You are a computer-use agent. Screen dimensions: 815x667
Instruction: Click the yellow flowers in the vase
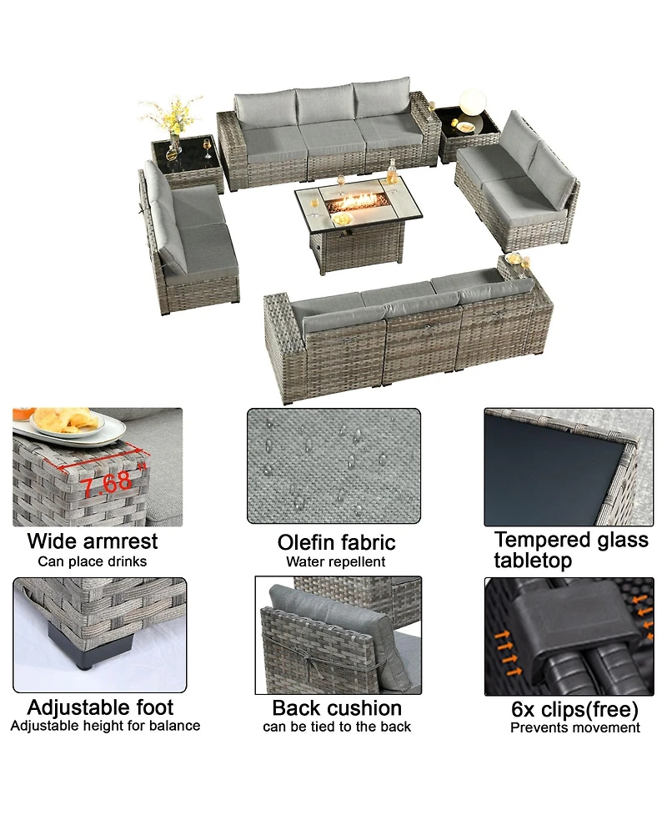pyautogui.click(x=171, y=113)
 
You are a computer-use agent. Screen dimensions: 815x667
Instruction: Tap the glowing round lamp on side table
pyautogui.click(x=471, y=103)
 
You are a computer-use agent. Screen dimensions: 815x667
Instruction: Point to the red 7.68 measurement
pyautogui.click(x=104, y=481)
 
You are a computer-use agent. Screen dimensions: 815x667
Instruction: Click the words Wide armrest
pyautogui.click(x=92, y=541)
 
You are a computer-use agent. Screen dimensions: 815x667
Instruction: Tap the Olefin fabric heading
pyautogui.click(x=336, y=543)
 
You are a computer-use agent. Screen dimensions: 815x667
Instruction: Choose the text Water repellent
pyautogui.click(x=335, y=562)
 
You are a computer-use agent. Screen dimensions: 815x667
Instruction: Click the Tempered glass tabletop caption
pyautogui.click(x=571, y=550)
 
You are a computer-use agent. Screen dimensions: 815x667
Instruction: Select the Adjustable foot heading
pyautogui.click(x=100, y=707)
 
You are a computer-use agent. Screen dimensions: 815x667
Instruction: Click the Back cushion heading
pyautogui.click(x=337, y=708)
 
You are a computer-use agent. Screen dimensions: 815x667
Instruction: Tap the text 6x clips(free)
pyautogui.click(x=574, y=710)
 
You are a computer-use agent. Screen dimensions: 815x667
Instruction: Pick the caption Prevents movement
pyautogui.click(x=575, y=728)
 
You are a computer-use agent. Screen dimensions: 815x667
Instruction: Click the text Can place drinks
pyautogui.click(x=92, y=561)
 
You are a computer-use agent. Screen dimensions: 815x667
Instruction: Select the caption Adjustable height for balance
pyautogui.click(x=105, y=726)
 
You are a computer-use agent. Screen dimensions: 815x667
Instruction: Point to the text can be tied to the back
pyautogui.click(x=337, y=727)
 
